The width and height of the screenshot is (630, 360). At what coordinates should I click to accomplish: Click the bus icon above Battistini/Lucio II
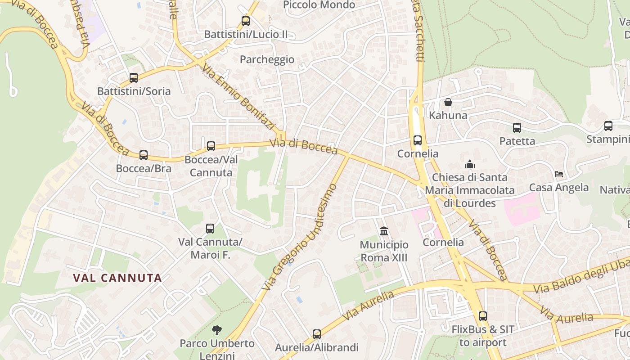point(245,21)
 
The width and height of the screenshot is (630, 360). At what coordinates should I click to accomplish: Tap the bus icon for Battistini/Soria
point(134,78)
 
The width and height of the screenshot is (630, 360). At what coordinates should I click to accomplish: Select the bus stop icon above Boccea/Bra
point(144,155)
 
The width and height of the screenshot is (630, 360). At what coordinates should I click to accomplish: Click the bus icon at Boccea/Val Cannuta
point(211,146)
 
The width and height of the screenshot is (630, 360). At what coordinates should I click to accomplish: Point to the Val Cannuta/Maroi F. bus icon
point(210,229)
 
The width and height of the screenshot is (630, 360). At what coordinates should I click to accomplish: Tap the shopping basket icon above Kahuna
point(448,102)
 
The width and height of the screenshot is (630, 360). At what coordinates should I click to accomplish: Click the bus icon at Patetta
point(517,128)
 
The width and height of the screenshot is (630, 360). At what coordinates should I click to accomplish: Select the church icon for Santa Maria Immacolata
point(470,164)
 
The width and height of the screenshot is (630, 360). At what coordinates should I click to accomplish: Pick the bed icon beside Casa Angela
point(559,174)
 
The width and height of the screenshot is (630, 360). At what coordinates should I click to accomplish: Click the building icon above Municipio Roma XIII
point(384,231)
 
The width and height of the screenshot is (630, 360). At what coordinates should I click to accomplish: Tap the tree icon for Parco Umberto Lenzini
point(217,330)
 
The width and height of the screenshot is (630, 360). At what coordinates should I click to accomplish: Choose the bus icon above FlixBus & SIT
point(483,316)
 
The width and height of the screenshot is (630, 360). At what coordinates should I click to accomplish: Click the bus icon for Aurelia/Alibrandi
point(317,334)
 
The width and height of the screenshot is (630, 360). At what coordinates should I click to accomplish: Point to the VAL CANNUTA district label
point(117,278)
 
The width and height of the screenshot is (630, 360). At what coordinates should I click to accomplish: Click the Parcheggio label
point(267,59)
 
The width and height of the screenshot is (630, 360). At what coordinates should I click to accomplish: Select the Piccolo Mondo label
point(319,5)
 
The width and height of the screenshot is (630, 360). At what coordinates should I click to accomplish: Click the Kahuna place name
point(448,115)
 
